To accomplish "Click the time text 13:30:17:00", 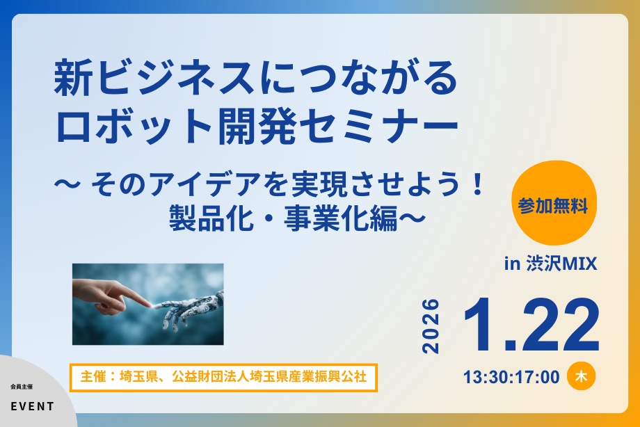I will (x=511, y=377).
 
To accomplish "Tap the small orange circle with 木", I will (x=581, y=376).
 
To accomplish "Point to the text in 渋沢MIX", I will (x=550, y=265).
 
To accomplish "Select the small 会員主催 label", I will (x=22, y=386).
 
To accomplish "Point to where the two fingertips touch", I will (x=152, y=305).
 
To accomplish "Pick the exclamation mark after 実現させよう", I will (x=477, y=186).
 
